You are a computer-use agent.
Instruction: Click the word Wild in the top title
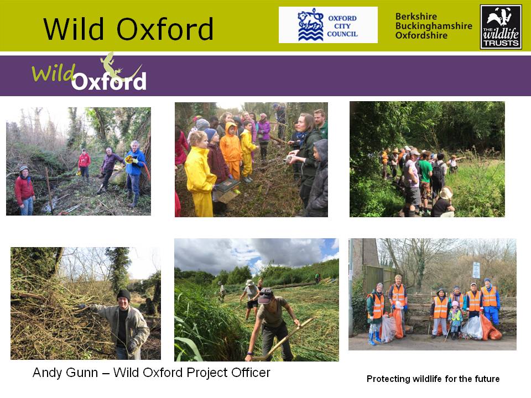(x=74, y=29)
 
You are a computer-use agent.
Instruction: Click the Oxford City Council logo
(x=328, y=25)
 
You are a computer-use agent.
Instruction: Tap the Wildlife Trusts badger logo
(x=501, y=27)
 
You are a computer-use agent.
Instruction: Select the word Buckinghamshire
(x=434, y=26)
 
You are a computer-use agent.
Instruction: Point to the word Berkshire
(x=416, y=16)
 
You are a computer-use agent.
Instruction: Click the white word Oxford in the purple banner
(x=109, y=81)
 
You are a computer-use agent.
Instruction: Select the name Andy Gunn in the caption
(x=65, y=373)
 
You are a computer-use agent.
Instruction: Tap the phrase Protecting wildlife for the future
(x=433, y=379)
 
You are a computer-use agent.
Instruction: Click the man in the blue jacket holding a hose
(x=135, y=172)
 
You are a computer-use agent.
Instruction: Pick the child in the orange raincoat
(x=231, y=150)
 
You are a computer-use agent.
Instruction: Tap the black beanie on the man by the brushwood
(x=123, y=295)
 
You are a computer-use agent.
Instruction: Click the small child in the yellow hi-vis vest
(x=455, y=319)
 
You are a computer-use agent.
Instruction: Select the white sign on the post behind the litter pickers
(x=476, y=270)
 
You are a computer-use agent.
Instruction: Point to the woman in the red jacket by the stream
(x=24, y=191)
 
